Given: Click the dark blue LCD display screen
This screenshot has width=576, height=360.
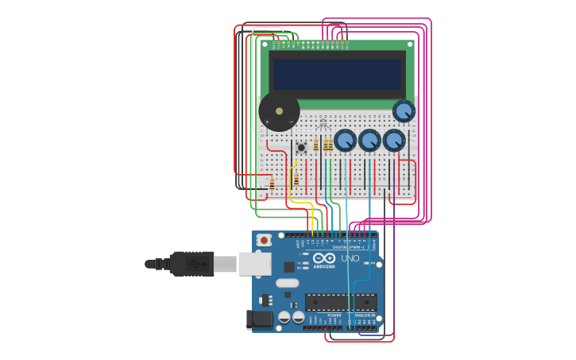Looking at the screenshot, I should (338, 74).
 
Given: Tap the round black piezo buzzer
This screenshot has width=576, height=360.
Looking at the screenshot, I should (279, 111).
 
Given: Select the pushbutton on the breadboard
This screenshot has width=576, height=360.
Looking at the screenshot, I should (301, 147).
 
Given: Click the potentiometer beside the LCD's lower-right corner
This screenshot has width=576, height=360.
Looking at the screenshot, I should (404, 110).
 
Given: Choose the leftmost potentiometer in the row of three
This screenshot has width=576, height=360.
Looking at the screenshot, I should (345, 141).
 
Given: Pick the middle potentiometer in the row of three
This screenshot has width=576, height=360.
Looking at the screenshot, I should (369, 141).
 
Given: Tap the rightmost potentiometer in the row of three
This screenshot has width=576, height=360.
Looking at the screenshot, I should (394, 141).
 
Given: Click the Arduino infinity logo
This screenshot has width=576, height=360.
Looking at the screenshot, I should (324, 258).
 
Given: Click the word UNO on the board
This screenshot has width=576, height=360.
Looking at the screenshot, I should (350, 258).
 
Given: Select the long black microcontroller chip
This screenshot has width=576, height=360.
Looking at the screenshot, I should (341, 302).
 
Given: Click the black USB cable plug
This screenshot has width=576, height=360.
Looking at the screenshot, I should (191, 264).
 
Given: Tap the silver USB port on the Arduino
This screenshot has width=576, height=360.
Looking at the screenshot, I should (255, 264).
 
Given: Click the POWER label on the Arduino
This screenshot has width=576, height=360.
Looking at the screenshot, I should (334, 315).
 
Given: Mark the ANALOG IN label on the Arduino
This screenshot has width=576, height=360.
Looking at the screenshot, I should (365, 315).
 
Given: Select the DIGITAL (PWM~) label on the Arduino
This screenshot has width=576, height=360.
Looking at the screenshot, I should (347, 247).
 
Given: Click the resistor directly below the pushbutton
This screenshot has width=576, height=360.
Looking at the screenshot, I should (296, 180).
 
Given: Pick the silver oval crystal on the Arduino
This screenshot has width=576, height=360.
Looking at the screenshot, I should (288, 283).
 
